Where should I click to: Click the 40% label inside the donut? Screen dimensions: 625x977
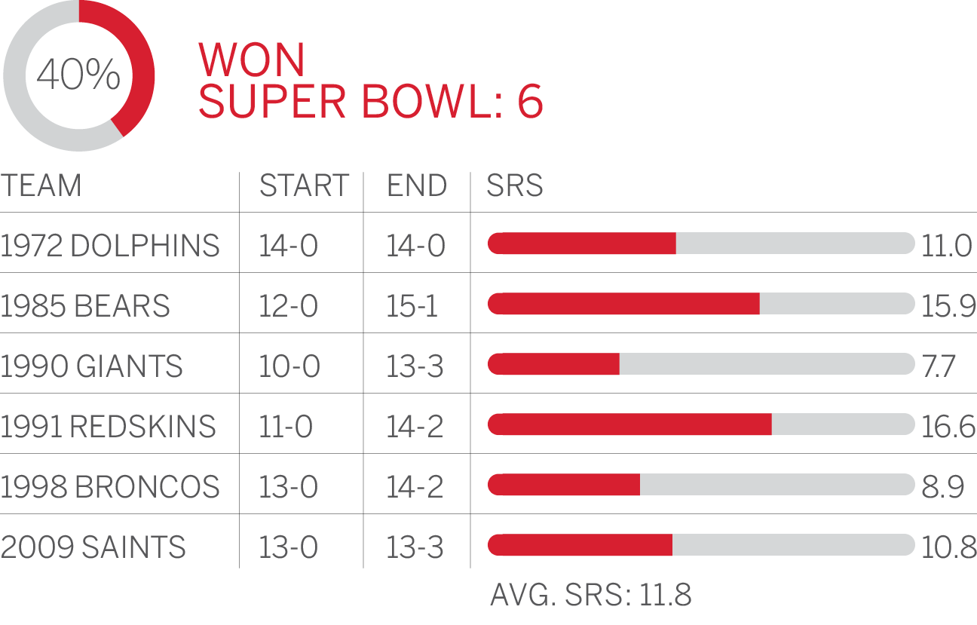click(78, 75)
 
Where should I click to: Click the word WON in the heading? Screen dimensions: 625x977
click(252, 60)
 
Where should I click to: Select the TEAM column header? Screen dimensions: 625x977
click(41, 185)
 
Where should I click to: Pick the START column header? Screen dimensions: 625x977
click(304, 185)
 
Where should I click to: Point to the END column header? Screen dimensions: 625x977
click(417, 185)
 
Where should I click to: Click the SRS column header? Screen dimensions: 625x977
click(515, 185)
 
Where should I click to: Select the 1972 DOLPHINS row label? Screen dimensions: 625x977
click(110, 246)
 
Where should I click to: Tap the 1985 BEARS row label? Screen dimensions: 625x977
click(85, 306)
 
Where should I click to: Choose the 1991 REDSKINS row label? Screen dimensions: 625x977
click(109, 427)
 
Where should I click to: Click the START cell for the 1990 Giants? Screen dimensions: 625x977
click(289, 366)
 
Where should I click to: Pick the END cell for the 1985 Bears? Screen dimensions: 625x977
click(412, 306)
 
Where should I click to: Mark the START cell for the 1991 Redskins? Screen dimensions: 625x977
click(286, 427)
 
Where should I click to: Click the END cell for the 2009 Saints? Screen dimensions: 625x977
click(415, 547)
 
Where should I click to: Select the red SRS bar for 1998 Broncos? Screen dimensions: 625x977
click(564, 485)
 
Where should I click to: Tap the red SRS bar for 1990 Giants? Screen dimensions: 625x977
click(554, 364)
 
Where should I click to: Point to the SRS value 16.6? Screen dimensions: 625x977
click(948, 427)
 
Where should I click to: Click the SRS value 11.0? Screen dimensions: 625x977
click(946, 246)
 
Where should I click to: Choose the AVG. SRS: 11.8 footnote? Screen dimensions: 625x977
click(591, 595)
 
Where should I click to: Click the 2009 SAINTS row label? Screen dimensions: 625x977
click(93, 547)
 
